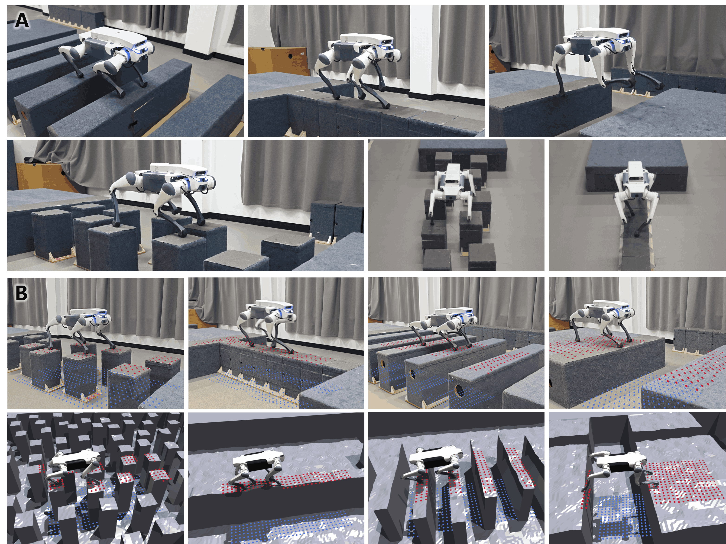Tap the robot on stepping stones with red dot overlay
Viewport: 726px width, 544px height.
80,328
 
